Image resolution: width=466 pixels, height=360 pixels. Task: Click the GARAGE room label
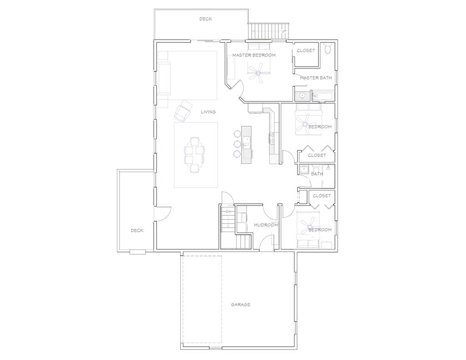[240, 304]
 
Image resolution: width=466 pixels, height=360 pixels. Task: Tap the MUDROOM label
[266, 225]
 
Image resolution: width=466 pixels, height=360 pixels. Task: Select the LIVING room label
[208, 112]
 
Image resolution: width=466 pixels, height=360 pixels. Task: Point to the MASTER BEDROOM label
[254, 55]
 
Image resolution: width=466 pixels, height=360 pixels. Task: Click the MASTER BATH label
[315, 78]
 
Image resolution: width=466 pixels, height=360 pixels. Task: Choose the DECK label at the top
[205, 19]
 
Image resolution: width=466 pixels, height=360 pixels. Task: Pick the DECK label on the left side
[137, 230]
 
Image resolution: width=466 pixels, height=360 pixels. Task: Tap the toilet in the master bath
[327, 49]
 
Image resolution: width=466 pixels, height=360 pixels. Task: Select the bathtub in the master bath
[323, 96]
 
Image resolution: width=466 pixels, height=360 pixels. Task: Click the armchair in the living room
[183, 110]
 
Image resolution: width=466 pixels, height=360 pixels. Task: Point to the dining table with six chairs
[195, 154]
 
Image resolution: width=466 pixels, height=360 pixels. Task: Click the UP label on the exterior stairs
[284, 31]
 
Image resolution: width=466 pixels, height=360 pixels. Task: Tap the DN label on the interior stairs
[228, 212]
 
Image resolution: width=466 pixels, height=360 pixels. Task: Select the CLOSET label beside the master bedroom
[305, 51]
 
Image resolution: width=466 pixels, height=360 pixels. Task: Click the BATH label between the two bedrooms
[317, 174]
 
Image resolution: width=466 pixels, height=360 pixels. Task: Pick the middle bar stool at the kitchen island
[237, 144]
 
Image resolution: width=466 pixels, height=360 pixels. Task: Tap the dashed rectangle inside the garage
[202, 299]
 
